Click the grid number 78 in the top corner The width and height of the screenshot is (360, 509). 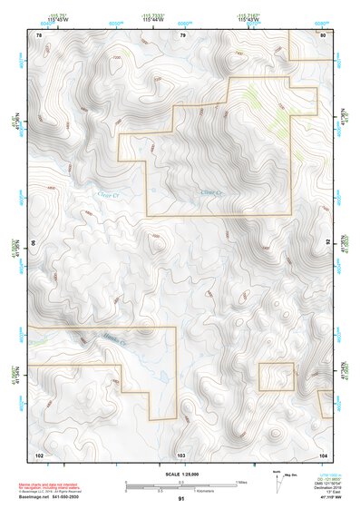click(x=38, y=34)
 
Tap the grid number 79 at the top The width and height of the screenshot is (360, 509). click(x=182, y=34)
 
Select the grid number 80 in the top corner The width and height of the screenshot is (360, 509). click(x=323, y=34)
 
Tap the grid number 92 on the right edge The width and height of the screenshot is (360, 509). click(x=327, y=243)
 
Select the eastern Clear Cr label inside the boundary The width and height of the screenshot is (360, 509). click(x=210, y=193)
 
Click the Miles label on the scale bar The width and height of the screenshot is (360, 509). click(x=242, y=481)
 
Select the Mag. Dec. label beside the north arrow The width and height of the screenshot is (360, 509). click(x=291, y=475)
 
